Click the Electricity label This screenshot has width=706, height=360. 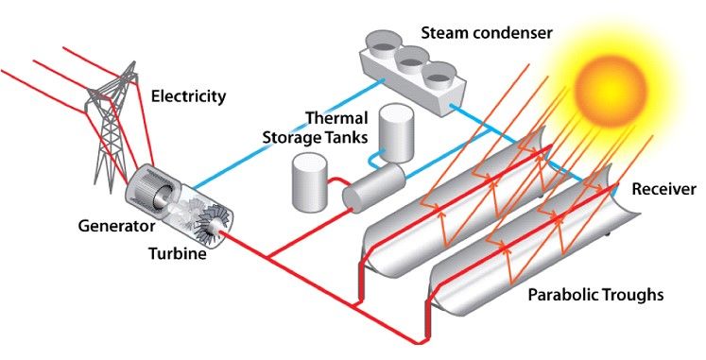click(189, 96)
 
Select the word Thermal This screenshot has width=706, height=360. click(335, 119)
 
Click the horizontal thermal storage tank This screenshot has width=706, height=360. click(372, 190)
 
